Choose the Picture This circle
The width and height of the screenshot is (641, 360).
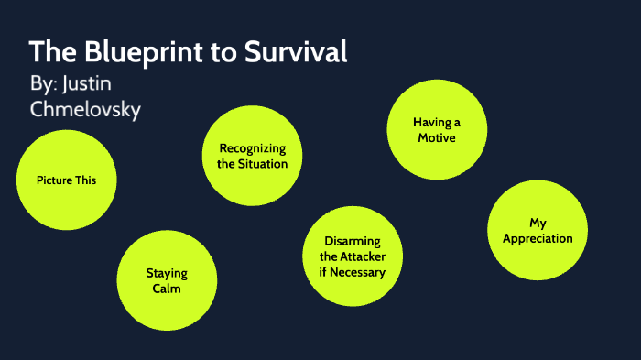pos(66,180)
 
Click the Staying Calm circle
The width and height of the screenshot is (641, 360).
pos(167,280)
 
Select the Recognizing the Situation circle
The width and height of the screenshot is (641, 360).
pos(252,156)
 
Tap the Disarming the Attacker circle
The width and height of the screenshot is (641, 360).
pos(352,256)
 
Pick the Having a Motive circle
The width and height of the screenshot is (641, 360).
pos(437,129)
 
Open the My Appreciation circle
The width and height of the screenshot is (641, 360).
pos(538,230)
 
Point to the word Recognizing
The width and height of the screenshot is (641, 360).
pos(253,148)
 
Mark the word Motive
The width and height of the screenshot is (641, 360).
pos(437,137)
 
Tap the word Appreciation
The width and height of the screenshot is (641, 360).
pos(538,238)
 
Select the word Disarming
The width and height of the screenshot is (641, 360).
pos(353,241)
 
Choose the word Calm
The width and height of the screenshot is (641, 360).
pos(167,289)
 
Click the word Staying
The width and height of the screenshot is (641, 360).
pos(167,273)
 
